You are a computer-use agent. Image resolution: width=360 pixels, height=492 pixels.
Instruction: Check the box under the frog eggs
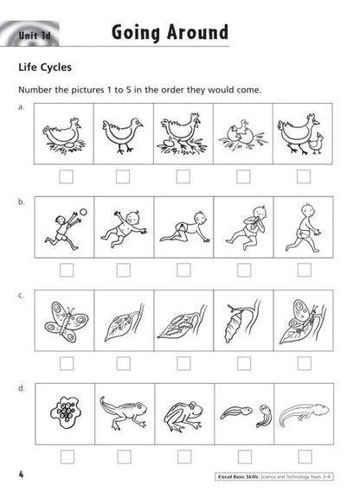[66, 455]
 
